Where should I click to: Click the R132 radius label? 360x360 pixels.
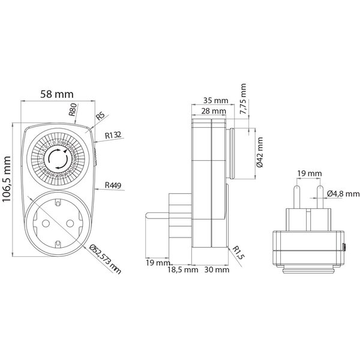click(x=113, y=136)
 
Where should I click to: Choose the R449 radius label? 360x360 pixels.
click(x=113, y=185)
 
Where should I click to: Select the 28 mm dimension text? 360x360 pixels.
click(x=214, y=112)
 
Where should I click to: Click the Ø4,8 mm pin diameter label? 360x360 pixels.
click(x=344, y=193)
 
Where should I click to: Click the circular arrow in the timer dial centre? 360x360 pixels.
click(x=58, y=160)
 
